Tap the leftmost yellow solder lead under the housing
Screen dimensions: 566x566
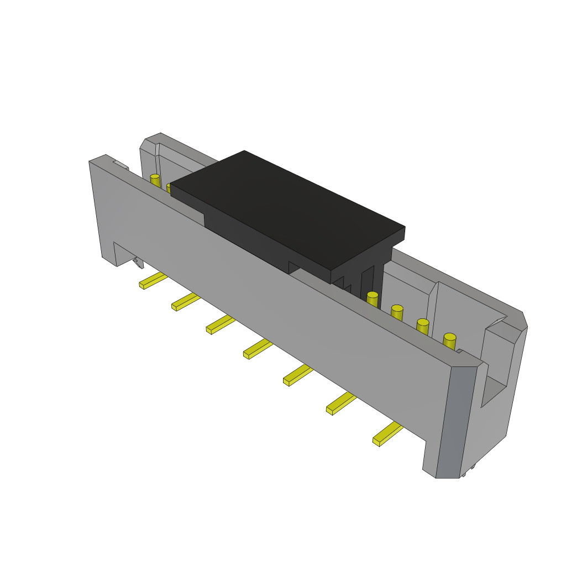coord(153,281)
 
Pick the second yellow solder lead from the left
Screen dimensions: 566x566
coord(186,302)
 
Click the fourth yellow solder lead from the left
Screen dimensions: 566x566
coord(258,349)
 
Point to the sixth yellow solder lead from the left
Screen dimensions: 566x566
coord(340,403)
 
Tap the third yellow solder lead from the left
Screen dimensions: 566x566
coord(220,324)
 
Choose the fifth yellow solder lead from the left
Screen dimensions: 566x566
coord(297,375)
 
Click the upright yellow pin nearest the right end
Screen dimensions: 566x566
coord(449,341)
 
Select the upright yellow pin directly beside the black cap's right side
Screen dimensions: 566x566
coord(373,299)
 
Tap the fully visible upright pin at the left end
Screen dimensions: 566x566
coord(155,181)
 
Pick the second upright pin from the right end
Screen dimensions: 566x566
coord(423,326)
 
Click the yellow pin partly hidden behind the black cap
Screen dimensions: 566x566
coord(170,188)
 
